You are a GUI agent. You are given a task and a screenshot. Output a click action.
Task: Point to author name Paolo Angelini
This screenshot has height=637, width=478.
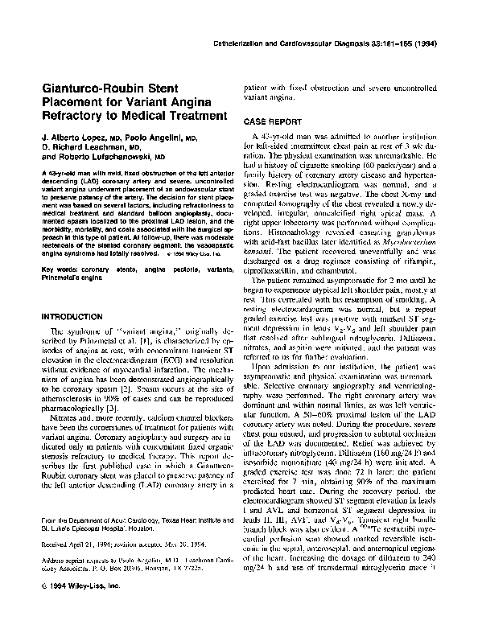pyautogui.click(x=164, y=138)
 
